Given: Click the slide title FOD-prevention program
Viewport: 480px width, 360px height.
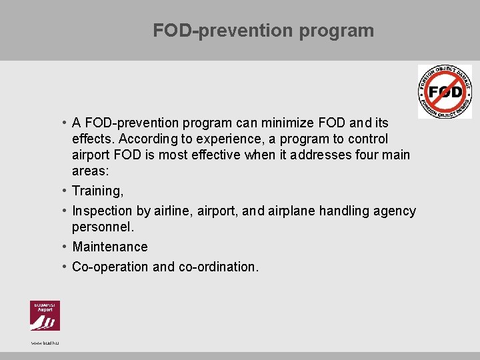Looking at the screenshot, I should click(263, 31).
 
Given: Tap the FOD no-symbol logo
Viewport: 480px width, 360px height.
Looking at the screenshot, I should click(445, 92).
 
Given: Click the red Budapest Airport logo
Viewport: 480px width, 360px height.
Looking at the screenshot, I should click(45, 315).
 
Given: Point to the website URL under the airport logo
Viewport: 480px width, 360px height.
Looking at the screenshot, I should click(45, 343).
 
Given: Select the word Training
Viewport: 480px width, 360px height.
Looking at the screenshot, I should click(97, 191).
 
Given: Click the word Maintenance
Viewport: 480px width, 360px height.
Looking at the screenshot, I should click(110, 247).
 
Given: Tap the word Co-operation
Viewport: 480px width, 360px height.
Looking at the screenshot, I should click(110, 267).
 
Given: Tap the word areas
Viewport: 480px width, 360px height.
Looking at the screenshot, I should click(90, 171).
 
